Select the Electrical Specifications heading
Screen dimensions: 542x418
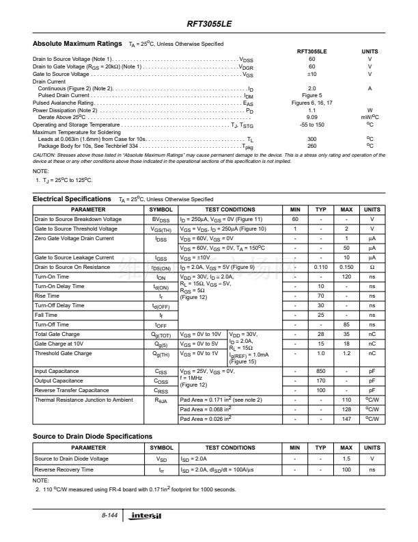[72, 198]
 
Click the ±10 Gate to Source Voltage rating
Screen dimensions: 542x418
[312, 74]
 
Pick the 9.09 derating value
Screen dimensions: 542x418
[312, 117]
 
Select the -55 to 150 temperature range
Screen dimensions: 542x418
[312, 125]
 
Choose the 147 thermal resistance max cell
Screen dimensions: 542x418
[346, 418]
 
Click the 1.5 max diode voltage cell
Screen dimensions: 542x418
[346, 458]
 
